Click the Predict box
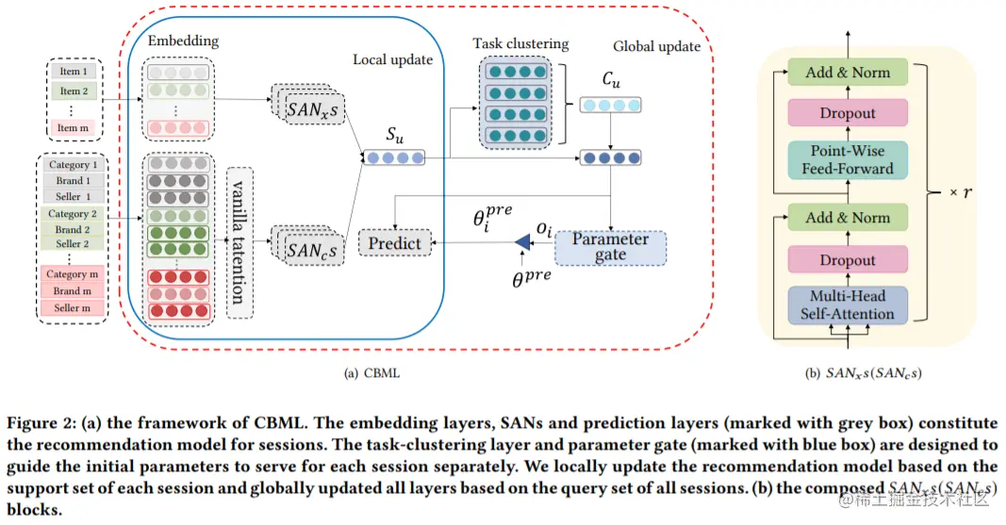coord(394,243)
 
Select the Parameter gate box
coord(610,247)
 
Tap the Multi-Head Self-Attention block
coord(846,304)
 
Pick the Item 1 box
coord(74,72)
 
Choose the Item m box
coord(74,127)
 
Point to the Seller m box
coord(74,308)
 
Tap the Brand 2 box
coord(74,229)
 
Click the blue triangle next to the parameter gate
coord(521,244)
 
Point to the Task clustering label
coord(521,43)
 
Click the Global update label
coord(656,46)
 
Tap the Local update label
coord(392,59)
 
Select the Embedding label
coord(183,41)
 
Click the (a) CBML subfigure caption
coord(372,372)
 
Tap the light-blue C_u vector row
coord(608,105)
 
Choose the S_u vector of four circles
coord(394,157)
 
